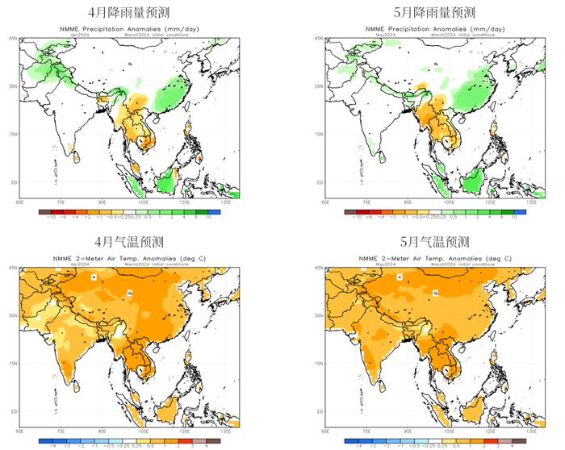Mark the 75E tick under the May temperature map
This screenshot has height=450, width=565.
(x=366, y=432)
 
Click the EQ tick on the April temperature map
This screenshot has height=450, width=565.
(x=14, y=411)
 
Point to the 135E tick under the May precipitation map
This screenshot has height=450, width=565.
(x=531, y=203)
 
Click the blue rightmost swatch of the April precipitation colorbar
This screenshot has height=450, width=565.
(x=207, y=212)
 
